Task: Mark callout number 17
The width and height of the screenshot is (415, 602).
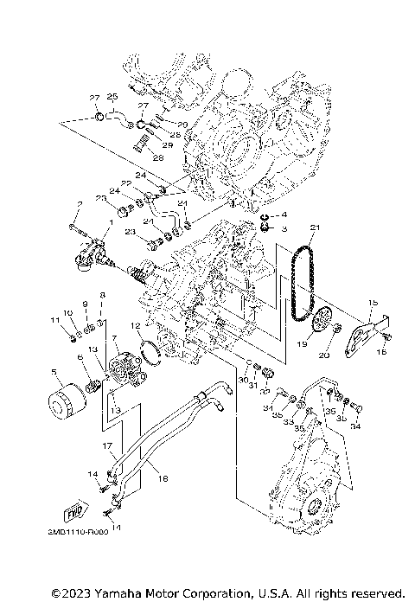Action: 109,446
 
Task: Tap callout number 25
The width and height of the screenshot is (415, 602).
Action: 112,96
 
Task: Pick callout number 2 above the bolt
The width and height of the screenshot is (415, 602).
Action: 79,203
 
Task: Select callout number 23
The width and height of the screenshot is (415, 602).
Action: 128,233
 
